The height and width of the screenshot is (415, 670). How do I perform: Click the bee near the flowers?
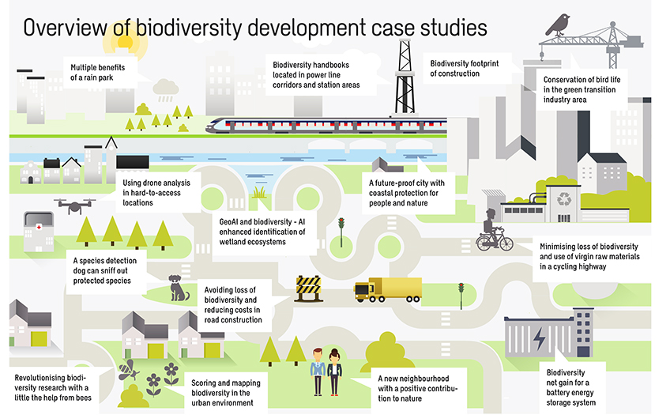tap(126, 368)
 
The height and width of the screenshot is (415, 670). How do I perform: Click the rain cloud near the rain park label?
tap(166, 87)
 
